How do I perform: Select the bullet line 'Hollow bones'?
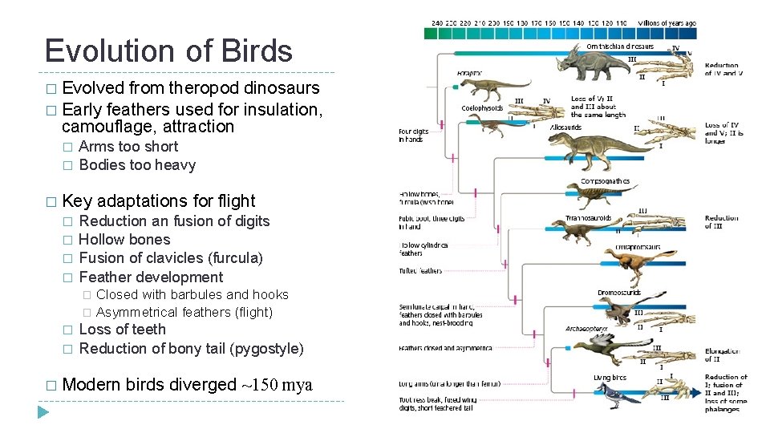(124, 240)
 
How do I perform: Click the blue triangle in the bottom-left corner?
(43, 412)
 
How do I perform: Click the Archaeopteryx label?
(586, 329)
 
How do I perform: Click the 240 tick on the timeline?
(436, 23)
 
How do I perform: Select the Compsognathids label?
(605, 182)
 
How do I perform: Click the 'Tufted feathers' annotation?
(420, 271)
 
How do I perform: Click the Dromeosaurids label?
(619, 293)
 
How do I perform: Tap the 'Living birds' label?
(610, 378)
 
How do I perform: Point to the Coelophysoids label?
(483, 108)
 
